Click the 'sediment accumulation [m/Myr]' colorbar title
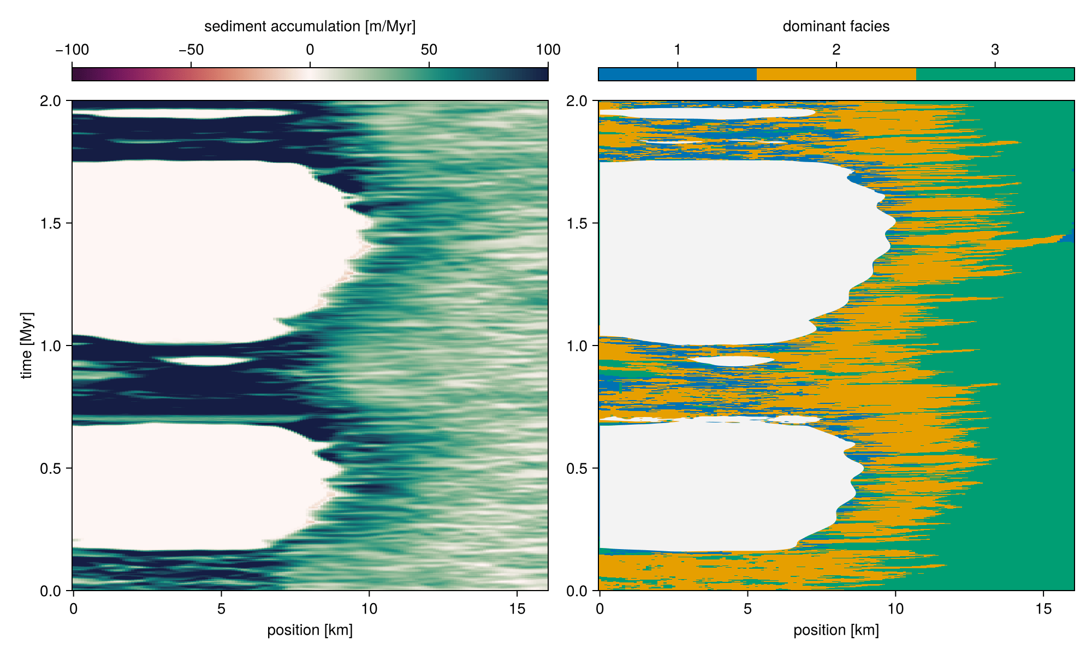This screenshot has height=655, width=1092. tap(310, 26)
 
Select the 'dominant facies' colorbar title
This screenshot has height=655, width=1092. tap(836, 26)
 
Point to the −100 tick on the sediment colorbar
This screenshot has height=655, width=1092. tap(72, 50)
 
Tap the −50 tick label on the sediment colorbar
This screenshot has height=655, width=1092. tap(191, 50)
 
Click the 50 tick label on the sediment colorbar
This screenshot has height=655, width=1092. tap(429, 50)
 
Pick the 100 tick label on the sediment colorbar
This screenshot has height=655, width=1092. tap(548, 50)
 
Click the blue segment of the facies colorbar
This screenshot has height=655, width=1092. tap(677, 74)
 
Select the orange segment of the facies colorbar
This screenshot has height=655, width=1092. tap(836, 74)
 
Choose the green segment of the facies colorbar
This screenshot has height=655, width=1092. tap(995, 74)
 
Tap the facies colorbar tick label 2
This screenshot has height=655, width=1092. tap(836, 50)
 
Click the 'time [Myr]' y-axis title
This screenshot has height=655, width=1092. tap(26, 346)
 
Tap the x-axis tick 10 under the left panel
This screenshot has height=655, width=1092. tap(369, 609)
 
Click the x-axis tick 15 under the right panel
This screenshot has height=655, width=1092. tap(1043, 609)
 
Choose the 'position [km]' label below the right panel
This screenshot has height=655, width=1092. tap(836, 630)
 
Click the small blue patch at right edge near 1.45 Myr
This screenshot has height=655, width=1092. tap(1070, 236)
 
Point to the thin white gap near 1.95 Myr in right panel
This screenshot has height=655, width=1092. tap(710, 113)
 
